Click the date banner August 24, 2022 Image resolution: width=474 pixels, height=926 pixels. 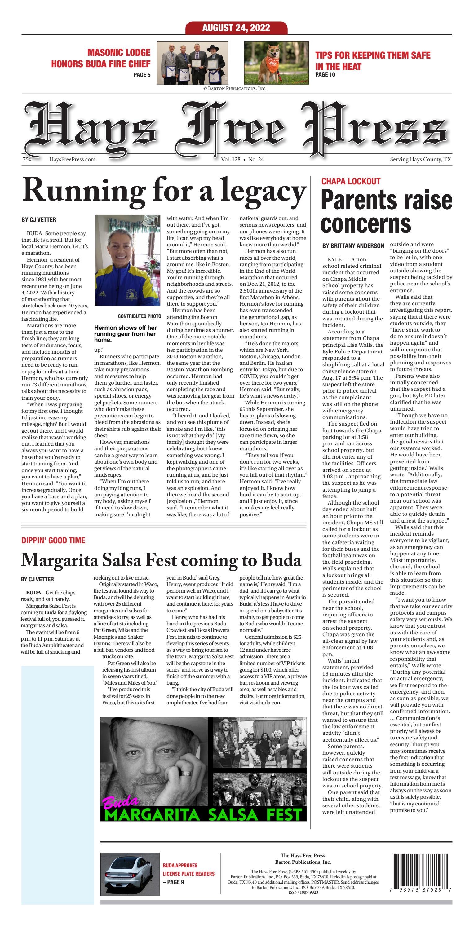[236, 28]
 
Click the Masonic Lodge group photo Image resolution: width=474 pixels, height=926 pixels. [193, 63]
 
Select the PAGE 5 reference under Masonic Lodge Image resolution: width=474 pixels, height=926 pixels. [142, 75]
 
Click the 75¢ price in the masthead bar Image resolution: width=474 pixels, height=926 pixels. [27, 159]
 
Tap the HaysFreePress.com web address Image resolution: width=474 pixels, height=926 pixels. [72, 159]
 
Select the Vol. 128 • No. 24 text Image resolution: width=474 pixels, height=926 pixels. [242, 159]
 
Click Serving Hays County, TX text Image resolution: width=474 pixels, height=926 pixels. [420, 159]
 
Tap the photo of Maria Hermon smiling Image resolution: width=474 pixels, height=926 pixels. [127, 260]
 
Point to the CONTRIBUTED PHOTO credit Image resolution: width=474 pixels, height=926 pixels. [139, 316]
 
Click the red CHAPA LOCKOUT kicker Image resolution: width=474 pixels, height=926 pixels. [351, 181]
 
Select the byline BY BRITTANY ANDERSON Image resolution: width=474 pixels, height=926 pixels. [353, 246]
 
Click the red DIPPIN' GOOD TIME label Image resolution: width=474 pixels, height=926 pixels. [53, 540]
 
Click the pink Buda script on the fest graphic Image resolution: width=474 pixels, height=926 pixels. [121, 801]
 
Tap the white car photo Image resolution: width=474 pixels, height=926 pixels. [130, 874]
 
